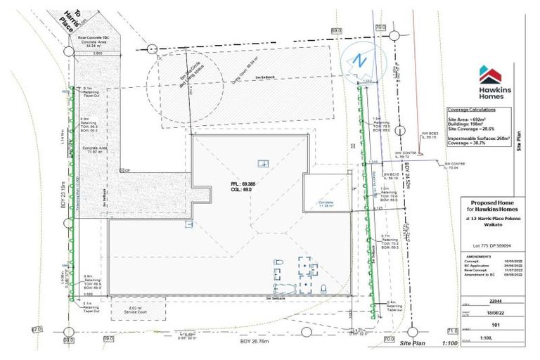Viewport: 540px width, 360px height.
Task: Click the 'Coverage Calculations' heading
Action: click(474, 110)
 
